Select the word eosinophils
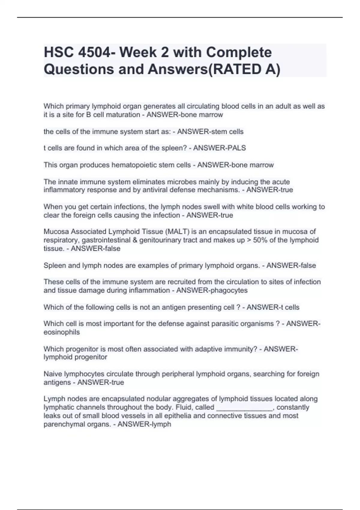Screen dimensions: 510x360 tap(61, 332)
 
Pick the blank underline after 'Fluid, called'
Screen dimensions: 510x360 tap(244, 407)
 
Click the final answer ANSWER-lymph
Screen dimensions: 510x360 tap(144, 424)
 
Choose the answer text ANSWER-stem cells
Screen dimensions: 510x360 tap(210, 131)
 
